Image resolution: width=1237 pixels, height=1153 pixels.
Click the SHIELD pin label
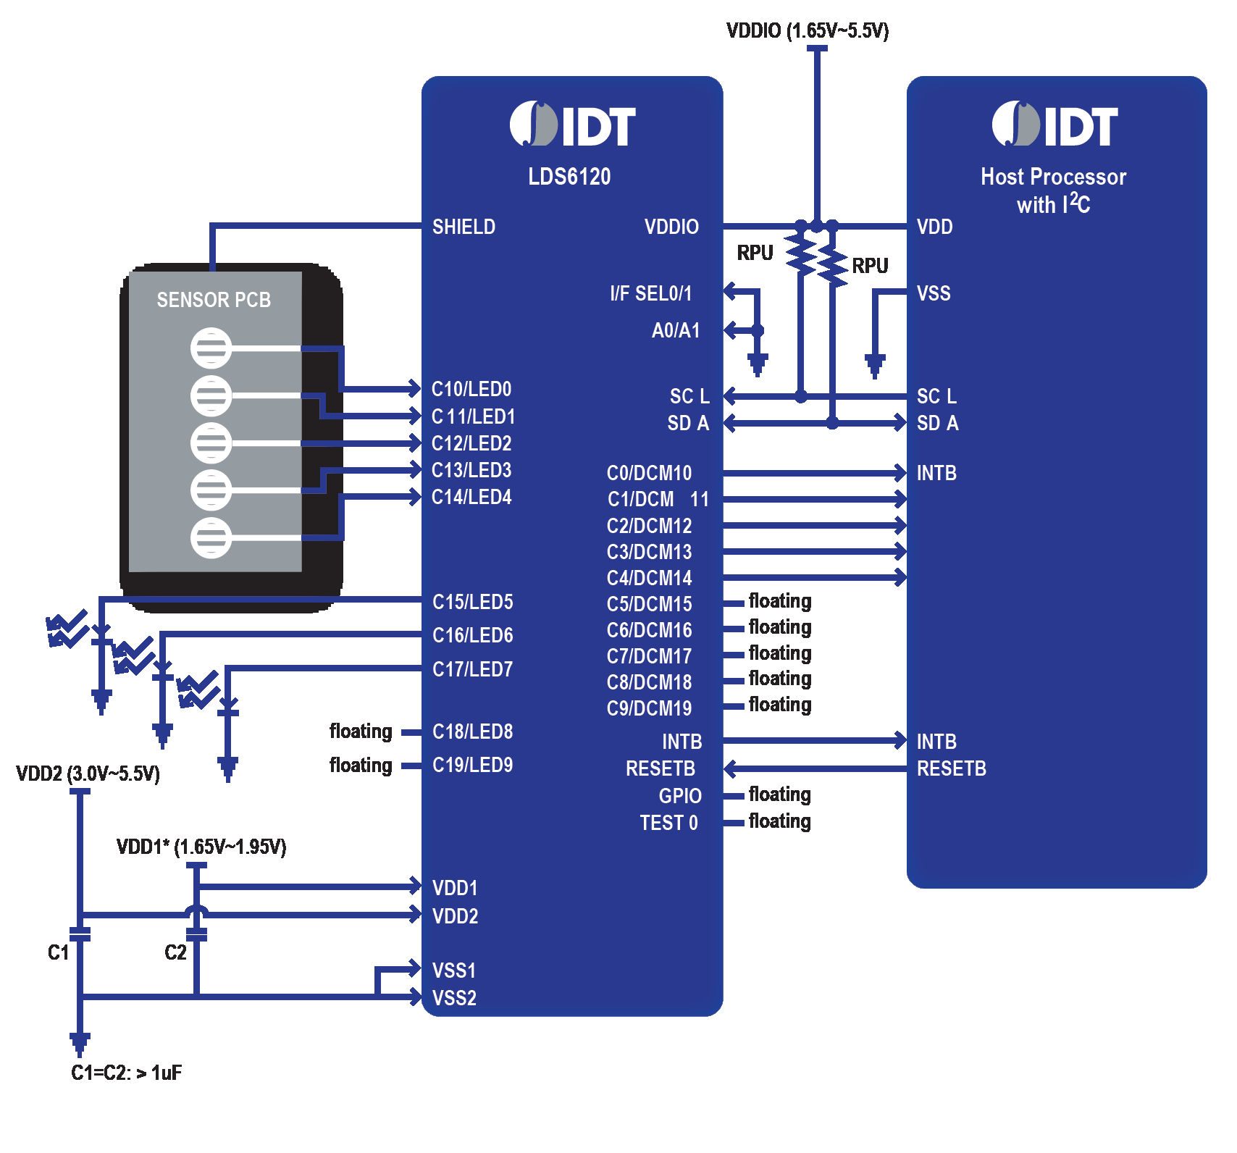(464, 227)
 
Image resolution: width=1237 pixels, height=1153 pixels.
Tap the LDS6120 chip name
(569, 177)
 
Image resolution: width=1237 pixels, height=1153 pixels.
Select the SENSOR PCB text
(214, 300)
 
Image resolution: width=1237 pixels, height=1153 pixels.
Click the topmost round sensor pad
(211, 348)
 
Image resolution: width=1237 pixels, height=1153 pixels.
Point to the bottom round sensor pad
(211, 538)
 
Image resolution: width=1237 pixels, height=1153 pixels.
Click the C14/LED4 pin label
(471, 498)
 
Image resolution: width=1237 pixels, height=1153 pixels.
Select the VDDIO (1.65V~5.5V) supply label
(808, 30)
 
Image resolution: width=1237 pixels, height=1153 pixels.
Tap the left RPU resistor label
(755, 253)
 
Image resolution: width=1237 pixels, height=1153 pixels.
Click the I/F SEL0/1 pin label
(650, 293)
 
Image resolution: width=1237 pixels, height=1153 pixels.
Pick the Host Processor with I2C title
(1053, 190)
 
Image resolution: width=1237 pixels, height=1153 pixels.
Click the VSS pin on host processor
(934, 293)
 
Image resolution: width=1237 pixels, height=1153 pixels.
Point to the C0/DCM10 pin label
(649, 473)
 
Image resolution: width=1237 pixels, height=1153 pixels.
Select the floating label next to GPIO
(779, 795)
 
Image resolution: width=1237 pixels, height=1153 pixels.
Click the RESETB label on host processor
(951, 768)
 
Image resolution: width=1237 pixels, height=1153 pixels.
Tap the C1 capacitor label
(58, 952)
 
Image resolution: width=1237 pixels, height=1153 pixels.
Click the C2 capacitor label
(175, 952)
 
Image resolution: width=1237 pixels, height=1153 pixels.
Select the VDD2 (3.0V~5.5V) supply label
(88, 773)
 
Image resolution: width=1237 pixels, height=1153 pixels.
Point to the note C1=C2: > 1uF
(126, 1073)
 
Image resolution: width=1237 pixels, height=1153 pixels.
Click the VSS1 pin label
(454, 970)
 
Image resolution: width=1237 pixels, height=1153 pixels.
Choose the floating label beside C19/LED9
(361, 766)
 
